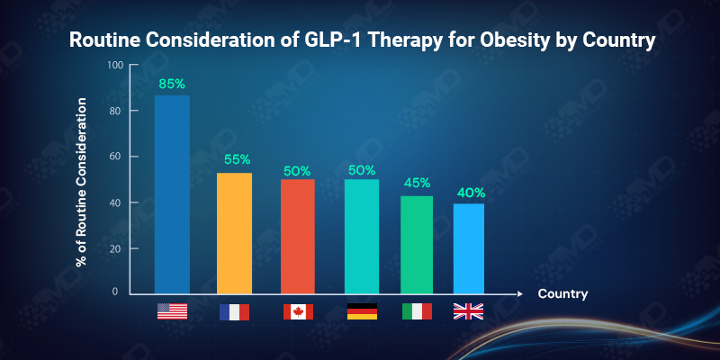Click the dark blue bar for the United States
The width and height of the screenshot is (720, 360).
pyautogui.click(x=172, y=194)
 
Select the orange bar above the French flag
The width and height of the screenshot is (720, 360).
pyautogui.click(x=234, y=233)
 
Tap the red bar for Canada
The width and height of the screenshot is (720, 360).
pyautogui.click(x=297, y=236)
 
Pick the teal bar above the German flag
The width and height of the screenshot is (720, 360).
pyautogui.click(x=361, y=236)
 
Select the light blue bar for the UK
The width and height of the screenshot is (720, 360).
pyautogui.click(x=469, y=248)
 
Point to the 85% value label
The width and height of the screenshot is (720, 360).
pyautogui.click(x=172, y=84)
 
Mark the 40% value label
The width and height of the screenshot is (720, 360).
pyautogui.click(x=470, y=192)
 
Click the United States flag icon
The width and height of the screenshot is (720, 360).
pyautogui.click(x=172, y=311)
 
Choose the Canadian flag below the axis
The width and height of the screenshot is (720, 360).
pyautogui.click(x=298, y=311)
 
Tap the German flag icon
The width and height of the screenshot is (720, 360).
pyautogui.click(x=362, y=311)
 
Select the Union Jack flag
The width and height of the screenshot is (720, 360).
pyautogui.click(x=468, y=311)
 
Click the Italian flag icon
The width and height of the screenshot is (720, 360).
pyautogui.click(x=417, y=311)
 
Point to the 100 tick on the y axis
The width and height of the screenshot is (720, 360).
pyautogui.click(x=113, y=66)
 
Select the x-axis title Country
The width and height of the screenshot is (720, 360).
pyautogui.click(x=562, y=294)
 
